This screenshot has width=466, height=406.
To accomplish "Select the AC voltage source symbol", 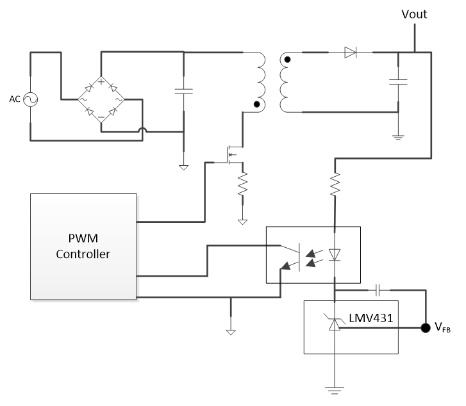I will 29,99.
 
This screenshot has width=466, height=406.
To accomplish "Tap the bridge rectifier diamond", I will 101,99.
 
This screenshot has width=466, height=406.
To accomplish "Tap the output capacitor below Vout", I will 398,81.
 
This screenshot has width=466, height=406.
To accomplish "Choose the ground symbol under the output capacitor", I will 398,135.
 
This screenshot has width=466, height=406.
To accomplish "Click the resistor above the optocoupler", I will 335,184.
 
